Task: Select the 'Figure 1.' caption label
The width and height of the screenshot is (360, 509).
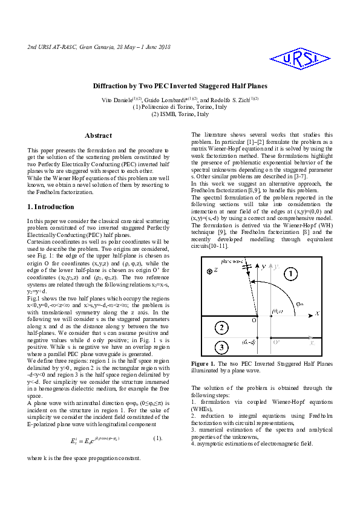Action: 203,363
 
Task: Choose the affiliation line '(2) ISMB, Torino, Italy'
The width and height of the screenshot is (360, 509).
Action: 180,114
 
